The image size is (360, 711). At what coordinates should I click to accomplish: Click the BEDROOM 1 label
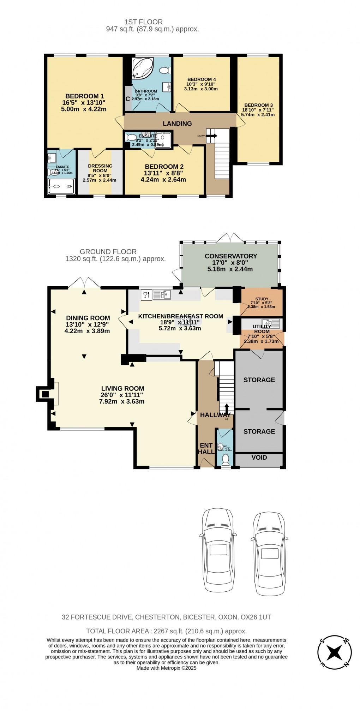tap(84, 96)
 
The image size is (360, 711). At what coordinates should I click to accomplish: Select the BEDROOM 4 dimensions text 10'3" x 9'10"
tap(201, 84)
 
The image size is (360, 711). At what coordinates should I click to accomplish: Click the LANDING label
tap(177, 124)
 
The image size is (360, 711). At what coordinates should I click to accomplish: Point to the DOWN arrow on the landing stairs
tap(212, 136)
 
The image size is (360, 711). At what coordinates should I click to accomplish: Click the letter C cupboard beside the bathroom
tap(128, 99)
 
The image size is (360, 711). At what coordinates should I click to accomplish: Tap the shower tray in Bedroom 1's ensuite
tap(62, 185)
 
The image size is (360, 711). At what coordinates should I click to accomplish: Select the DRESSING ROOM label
tap(100, 168)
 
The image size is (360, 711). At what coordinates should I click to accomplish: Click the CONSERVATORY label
tap(231, 256)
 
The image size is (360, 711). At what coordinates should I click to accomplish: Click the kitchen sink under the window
tap(161, 294)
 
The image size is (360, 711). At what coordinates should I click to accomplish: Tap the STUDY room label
tap(262, 299)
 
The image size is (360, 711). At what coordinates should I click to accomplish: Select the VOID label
tap(259, 458)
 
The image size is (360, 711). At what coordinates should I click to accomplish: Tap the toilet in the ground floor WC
tap(226, 459)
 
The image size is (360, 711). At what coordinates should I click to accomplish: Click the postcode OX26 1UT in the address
tap(256, 617)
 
